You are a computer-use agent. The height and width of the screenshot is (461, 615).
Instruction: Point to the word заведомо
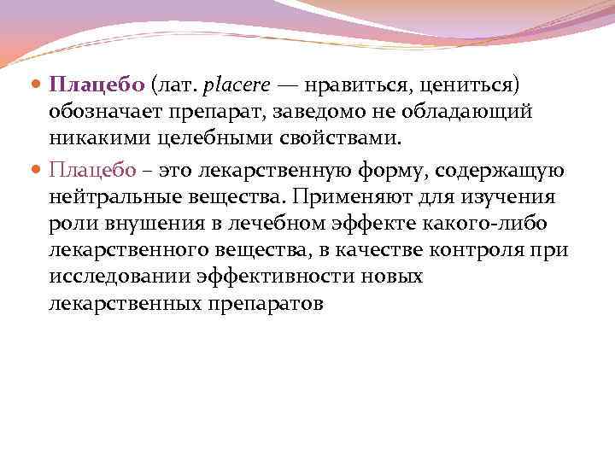[294, 113]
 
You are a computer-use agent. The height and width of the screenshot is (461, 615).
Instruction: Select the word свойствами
[326, 139]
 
